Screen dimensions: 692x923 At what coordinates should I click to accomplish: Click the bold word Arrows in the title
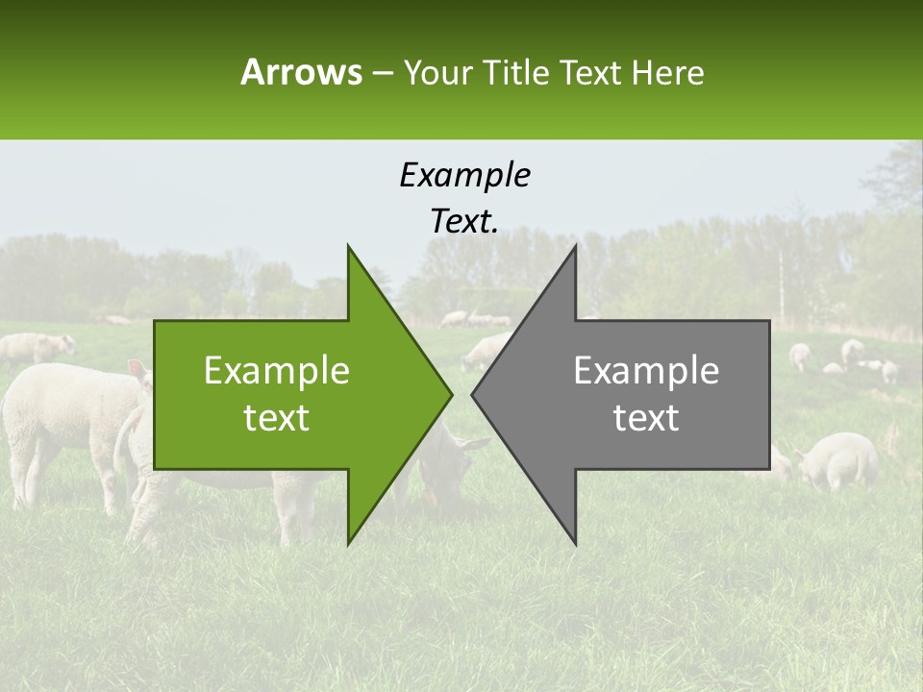tap(301, 72)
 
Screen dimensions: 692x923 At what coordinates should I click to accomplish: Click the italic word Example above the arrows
tap(464, 176)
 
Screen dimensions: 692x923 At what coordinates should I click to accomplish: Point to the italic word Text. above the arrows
tap(464, 222)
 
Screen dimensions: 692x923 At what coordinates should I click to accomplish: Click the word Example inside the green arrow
tap(277, 371)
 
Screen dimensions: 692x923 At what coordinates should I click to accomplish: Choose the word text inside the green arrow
tap(277, 418)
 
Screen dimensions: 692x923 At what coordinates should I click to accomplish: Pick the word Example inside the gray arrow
tap(646, 371)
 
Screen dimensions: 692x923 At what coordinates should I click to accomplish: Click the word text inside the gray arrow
tap(646, 418)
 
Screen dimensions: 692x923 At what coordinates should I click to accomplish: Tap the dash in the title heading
tap(382, 73)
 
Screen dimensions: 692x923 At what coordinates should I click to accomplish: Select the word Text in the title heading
tap(591, 73)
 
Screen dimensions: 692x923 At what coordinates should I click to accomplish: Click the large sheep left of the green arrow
tap(67, 413)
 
